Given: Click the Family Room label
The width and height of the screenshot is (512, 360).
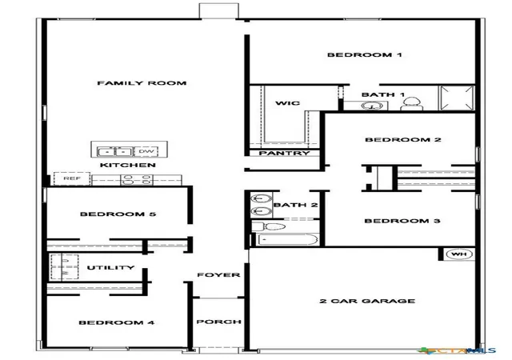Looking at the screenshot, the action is point(142,83).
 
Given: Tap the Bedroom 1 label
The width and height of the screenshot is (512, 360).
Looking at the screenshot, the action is point(365,54).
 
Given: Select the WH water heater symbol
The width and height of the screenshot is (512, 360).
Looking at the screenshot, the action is point(459,254).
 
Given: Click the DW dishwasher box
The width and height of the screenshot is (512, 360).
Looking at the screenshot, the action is point(146,151).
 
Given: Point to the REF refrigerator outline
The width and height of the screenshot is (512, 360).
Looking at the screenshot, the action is point(72,178).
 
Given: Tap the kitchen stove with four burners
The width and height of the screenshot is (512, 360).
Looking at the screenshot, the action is point(137,180).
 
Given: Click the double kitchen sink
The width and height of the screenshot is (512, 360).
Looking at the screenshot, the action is point(115,152).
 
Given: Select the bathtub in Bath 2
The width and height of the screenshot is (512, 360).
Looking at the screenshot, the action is point(288,239).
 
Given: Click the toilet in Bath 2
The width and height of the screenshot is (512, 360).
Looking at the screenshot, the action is point(269,226).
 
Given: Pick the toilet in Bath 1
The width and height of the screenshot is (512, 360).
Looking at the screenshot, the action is point(411,104).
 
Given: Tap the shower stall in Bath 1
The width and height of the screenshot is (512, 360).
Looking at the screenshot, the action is point(457,98).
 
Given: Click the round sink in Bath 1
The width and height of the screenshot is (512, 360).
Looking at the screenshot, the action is point(372,106).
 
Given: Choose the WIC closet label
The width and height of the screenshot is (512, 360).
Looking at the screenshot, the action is point(287,103).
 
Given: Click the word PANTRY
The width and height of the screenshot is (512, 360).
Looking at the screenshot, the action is point(284,153).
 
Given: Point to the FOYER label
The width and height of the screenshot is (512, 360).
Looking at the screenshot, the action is point(218,274).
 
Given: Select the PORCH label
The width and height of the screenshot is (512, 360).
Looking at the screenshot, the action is point(218,322).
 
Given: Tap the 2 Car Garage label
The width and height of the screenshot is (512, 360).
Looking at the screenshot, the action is point(367,301).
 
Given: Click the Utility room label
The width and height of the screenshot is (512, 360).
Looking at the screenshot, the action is point(110,267).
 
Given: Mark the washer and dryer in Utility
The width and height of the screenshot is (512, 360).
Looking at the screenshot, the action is point(64,267).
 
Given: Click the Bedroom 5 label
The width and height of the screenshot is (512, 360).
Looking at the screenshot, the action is point(118,214).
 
